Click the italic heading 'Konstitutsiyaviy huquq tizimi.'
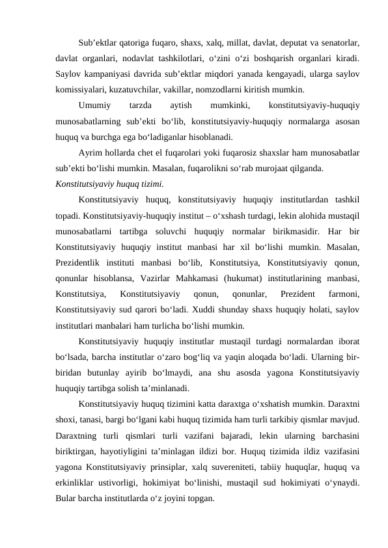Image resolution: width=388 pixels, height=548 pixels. coord(110,183)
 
